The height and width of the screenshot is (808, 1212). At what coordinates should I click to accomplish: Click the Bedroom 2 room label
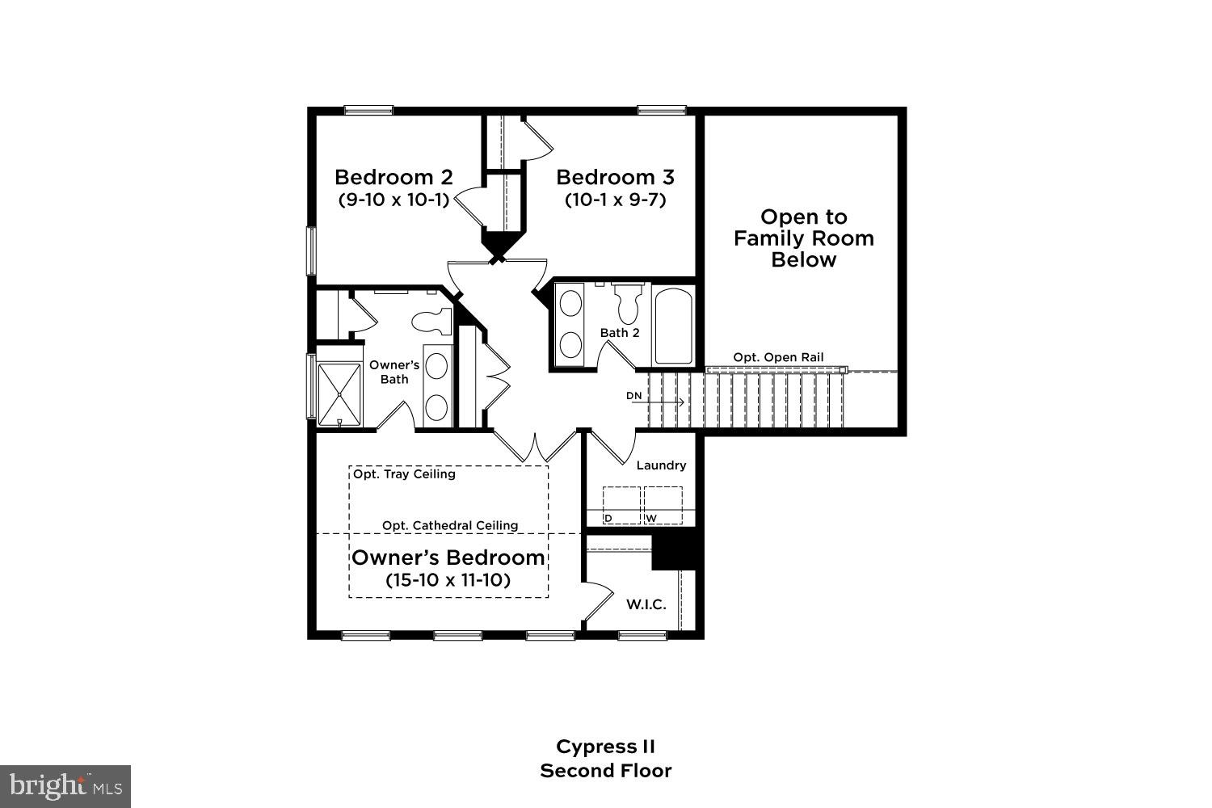(x=393, y=177)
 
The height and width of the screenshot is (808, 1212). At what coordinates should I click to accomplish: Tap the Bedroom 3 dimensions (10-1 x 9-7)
(x=615, y=200)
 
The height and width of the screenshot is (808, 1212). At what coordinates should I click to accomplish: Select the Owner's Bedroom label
(x=448, y=558)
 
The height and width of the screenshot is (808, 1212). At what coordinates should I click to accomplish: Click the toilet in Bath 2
(x=628, y=304)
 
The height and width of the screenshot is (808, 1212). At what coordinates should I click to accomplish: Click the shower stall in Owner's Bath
(x=339, y=394)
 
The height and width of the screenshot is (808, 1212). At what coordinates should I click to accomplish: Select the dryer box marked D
(x=621, y=505)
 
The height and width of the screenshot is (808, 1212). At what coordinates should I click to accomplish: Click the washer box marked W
(x=663, y=505)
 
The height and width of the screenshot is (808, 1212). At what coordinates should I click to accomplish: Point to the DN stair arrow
(x=656, y=401)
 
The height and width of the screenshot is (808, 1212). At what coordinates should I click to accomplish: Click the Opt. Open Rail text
(x=778, y=357)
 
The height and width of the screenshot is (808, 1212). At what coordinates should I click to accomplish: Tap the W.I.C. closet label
(x=646, y=604)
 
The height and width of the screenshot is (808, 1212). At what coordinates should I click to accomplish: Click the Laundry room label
(x=661, y=465)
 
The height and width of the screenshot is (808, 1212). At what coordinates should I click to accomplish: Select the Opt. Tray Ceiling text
(x=404, y=474)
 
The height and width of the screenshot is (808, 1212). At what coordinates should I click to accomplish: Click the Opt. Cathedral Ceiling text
(x=450, y=525)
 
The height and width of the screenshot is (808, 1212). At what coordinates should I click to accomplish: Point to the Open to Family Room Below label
(x=803, y=238)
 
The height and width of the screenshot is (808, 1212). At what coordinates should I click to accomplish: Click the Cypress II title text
(x=605, y=746)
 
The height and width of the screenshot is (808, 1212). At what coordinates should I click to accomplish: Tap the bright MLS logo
(x=65, y=785)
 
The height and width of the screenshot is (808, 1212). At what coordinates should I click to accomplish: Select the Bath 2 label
(x=620, y=333)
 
